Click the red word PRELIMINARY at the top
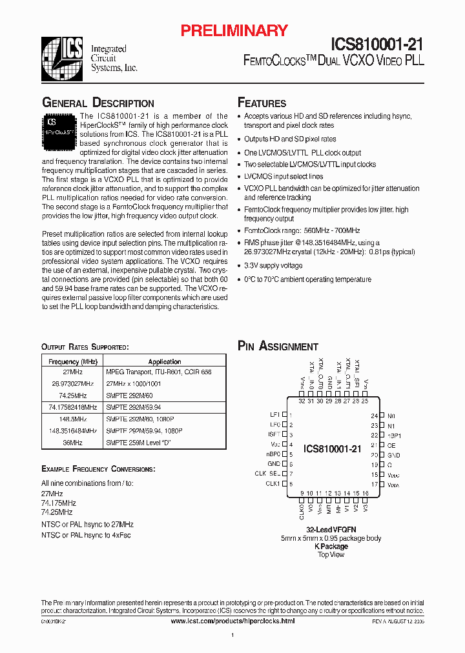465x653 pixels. click(234, 30)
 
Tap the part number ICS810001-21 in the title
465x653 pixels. click(377, 44)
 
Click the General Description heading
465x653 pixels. click(98, 103)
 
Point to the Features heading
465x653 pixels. click(262, 103)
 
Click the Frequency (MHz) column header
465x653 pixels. click(72, 362)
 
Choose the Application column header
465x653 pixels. click(165, 362)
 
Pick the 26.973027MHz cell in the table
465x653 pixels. click(72, 383)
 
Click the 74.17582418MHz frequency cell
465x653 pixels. click(72, 407)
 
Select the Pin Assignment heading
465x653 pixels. click(278, 347)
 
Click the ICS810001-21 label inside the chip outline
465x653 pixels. click(333, 449)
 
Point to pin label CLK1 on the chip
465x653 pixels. click(273, 483)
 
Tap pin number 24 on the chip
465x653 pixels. click(374, 416)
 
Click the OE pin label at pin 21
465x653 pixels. click(390, 445)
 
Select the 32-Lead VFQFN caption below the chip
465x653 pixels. click(331, 529)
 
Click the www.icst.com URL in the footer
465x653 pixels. click(232, 621)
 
